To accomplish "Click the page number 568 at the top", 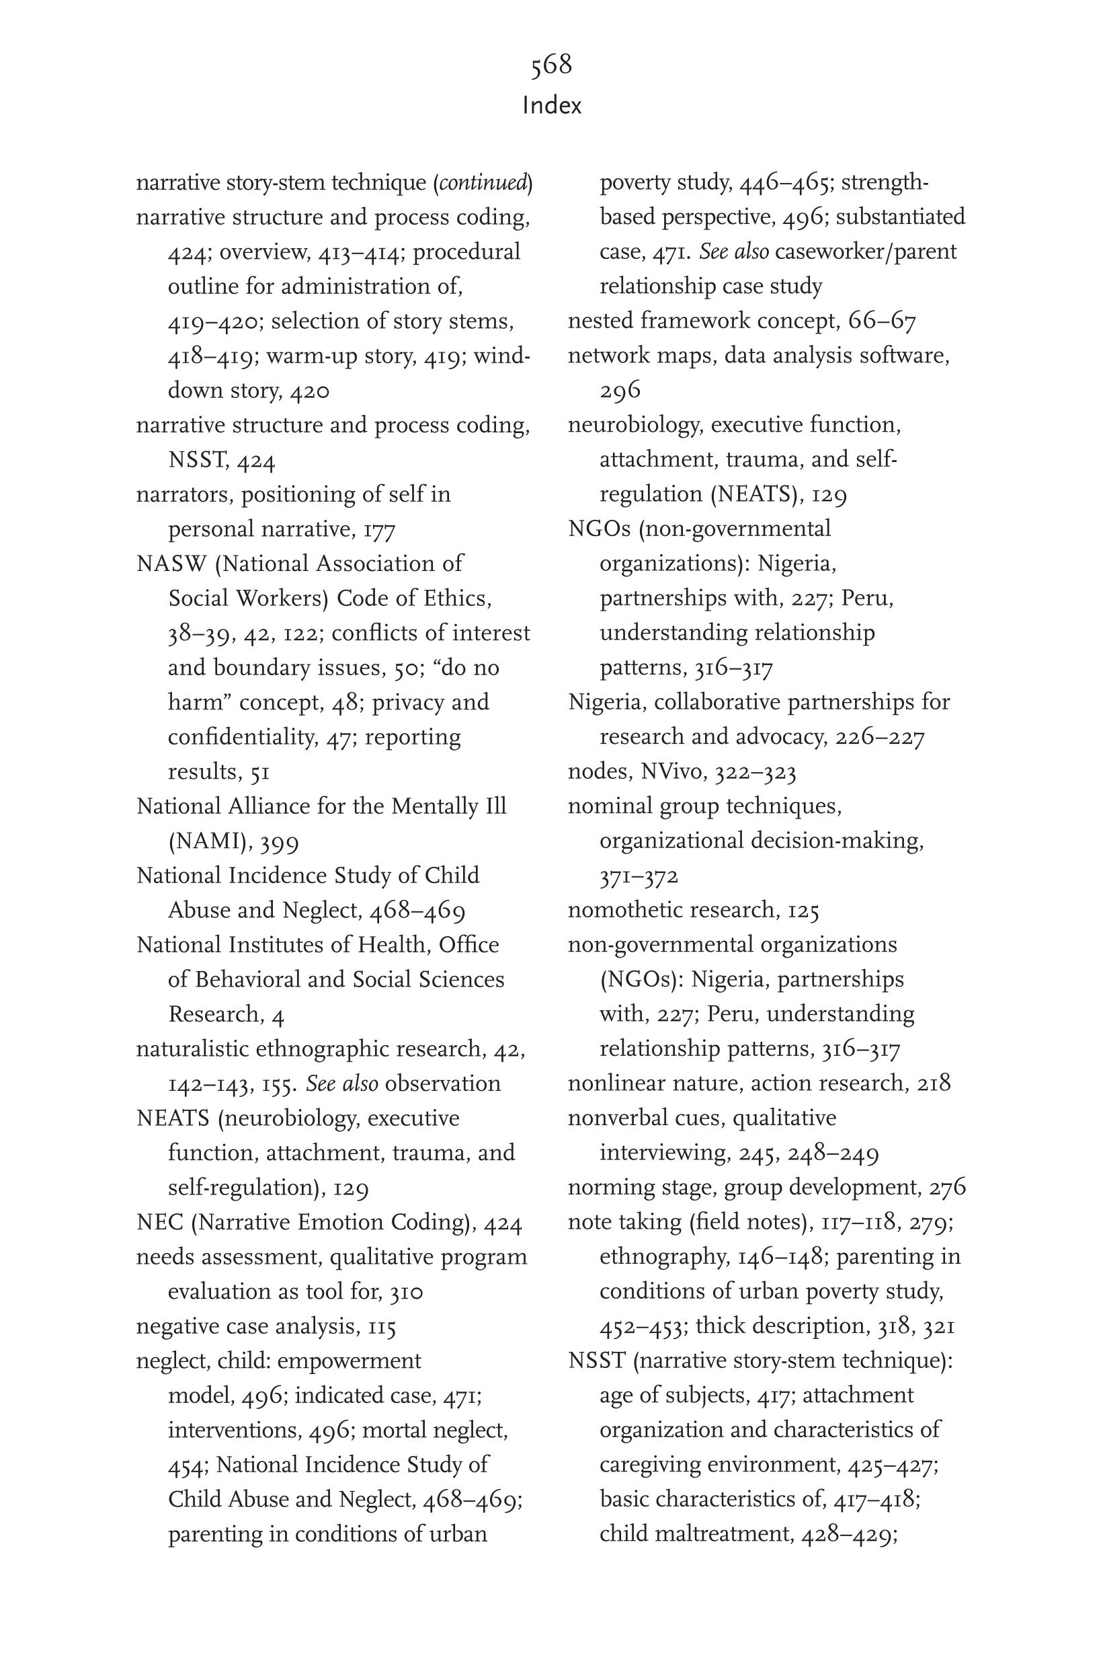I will click(551, 65).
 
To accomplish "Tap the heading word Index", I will click(551, 106).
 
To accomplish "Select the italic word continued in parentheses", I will click(483, 183).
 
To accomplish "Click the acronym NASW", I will click(171, 564).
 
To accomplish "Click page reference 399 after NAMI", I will click(280, 842).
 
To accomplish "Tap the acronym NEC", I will click(159, 1223).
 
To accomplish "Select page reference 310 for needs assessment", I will click(406, 1293).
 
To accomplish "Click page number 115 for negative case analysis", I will click(382, 1327).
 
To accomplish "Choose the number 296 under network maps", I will click(620, 390).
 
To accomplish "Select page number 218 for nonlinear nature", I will click(934, 1083).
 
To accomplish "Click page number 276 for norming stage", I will click(947, 1187).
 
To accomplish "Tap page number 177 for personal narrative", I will click(379, 529).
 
